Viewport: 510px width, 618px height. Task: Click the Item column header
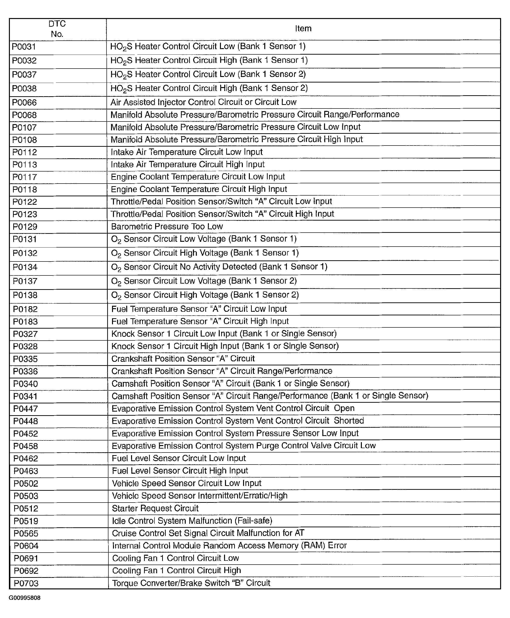pos(303,28)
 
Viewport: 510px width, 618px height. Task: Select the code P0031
pos(24,47)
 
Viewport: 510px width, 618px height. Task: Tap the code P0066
pos(24,102)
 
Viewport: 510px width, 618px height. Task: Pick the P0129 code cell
pos(25,227)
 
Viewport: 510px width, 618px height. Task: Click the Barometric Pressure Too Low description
pos(167,226)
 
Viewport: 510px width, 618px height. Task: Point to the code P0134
pos(25,267)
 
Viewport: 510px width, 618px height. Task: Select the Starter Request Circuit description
pos(155,508)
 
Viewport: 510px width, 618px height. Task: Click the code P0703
pos(26,583)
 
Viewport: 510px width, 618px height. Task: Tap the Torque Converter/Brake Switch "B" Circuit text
pos(191,583)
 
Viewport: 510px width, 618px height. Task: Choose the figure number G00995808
pos(25,598)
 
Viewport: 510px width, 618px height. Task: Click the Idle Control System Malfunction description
pos(192,521)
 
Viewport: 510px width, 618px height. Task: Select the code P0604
pos(26,546)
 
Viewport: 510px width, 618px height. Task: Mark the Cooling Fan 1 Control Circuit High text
pos(177,570)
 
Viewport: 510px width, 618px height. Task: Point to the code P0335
pos(25,359)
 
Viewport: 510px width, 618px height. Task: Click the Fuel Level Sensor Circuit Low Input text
pos(179,458)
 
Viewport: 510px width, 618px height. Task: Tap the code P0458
pos(26,446)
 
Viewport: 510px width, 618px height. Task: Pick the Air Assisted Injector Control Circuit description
pos(203,102)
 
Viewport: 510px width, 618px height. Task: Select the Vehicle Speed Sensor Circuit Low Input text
pos(186,483)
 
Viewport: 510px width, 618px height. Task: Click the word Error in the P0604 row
pos(337,546)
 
